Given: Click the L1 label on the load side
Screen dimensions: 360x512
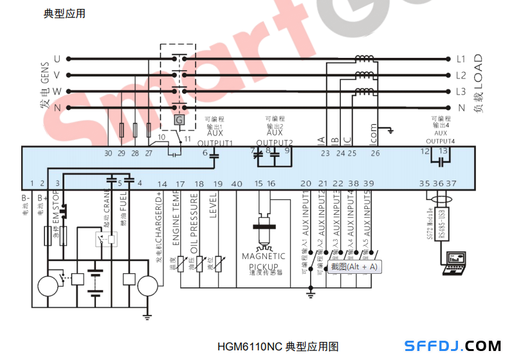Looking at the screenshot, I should click(x=460, y=59).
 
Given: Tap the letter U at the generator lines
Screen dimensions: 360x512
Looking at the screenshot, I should click(x=57, y=59).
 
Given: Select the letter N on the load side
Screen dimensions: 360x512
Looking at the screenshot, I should click(x=461, y=108).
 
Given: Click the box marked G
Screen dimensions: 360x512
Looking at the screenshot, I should click(x=179, y=120).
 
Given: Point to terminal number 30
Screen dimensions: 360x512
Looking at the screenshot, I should click(x=107, y=153).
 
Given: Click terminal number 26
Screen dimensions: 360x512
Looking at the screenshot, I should click(x=375, y=153).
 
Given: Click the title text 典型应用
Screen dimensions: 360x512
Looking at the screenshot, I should click(x=64, y=14).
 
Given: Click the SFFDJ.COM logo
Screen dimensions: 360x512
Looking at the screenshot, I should click(x=453, y=346).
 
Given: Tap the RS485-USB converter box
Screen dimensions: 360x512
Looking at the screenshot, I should click(x=442, y=224).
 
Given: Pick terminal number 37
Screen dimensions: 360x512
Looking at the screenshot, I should click(x=451, y=184).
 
